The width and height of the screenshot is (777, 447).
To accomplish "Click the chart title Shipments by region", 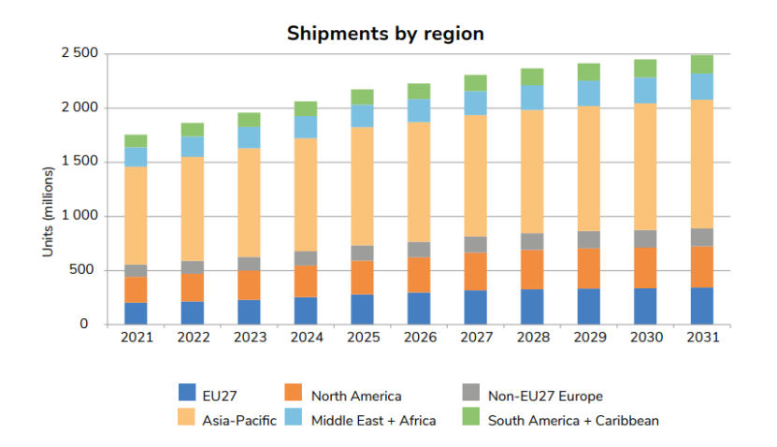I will (385, 34).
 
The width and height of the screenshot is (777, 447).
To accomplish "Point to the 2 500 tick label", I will (79, 53).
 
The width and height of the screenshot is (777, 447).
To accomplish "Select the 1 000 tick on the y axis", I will (79, 216).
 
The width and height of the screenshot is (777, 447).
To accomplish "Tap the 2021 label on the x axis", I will (136, 337).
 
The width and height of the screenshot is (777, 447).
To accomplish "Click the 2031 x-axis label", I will (701, 337).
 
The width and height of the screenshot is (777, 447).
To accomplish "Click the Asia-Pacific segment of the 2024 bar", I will (305, 195).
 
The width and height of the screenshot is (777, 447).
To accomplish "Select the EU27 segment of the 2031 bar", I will (701, 306).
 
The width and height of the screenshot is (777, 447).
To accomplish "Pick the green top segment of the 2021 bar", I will (136, 140).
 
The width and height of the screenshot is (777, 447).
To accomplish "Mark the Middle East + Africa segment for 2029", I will (588, 94).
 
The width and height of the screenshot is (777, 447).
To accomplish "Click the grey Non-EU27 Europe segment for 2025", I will (362, 252).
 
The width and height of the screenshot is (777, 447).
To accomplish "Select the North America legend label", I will (354, 397).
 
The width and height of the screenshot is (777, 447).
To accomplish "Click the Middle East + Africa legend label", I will (373, 420).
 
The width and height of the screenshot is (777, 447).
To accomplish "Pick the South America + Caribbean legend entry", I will (573, 420).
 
